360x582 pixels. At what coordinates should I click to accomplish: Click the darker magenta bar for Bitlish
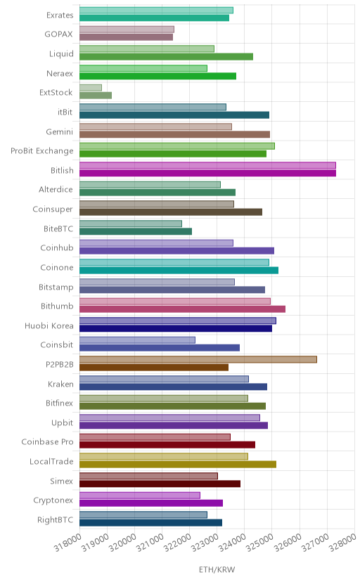pos(207,173)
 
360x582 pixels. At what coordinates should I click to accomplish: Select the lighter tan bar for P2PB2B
pos(198,359)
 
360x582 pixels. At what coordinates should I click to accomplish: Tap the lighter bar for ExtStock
pos(91,88)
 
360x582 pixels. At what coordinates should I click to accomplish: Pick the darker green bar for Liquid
pos(166,56)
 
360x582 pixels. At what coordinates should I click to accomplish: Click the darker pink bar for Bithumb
pos(182,309)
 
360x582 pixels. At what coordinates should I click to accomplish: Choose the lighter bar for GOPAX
pos(127,30)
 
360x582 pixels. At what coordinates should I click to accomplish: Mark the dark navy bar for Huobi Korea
pos(176,328)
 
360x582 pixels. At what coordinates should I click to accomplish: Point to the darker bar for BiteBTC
pos(136,231)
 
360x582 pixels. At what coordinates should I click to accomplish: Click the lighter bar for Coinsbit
pos(137,340)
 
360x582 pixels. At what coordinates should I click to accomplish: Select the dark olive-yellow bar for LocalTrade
pos(178,465)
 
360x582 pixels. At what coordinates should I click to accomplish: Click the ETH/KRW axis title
pos(217,570)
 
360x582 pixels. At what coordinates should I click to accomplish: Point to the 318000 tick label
pos(68,542)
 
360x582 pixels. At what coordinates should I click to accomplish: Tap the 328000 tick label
pos(343,542)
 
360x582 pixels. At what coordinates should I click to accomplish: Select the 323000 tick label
pos(205,542)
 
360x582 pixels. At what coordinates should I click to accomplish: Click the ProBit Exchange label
pos(42,151)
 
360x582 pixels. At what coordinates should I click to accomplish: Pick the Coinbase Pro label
pos(48,441)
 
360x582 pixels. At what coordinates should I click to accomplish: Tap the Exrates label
pos(60,15)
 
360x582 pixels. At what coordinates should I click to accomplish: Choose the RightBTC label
pos(56,519)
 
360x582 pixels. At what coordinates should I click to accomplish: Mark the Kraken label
pos(61,384)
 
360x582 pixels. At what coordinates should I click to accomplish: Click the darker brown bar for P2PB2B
pos(154,368)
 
